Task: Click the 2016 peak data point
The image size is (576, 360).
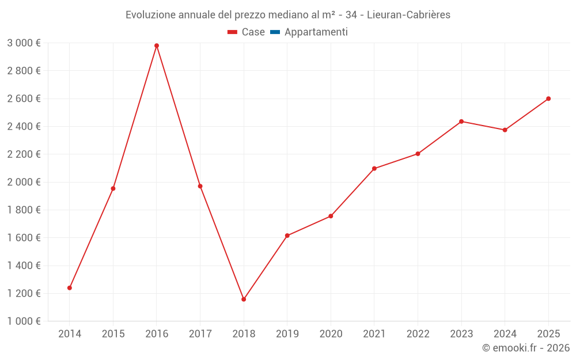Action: coord(157,46)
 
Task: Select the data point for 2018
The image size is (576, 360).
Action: coord(244,300)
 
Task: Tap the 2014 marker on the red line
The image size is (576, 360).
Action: coord(70,288)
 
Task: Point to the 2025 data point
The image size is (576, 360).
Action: coord(548,98)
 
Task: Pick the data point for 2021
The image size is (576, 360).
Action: coord(374,169)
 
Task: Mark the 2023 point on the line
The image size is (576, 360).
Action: coord(461,122)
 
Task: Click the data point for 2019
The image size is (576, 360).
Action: coord(287,236)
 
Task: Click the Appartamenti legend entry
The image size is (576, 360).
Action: coord(316,32)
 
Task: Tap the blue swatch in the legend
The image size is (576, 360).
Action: coord(275,32)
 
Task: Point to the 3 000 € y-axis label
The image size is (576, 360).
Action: coord(24,43)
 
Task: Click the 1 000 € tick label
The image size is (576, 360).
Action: coord(24,321)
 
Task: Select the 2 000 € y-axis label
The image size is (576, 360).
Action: coord(24,182)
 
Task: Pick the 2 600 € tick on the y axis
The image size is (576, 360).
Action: coord(24,98)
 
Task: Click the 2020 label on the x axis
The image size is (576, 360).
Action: coord(331,334)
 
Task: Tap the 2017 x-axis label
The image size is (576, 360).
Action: coord(200,334)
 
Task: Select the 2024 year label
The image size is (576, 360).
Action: coord(505,334)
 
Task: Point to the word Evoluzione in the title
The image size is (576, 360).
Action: coord(150,14)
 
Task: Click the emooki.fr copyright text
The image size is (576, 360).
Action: coord(526,348)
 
